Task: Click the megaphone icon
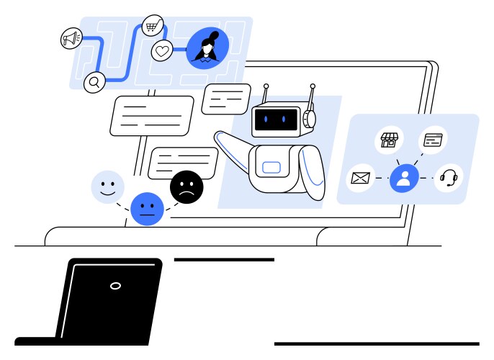(x=71, y=39)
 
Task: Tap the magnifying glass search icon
(x=94, y=82)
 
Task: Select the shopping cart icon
(x=153, y=26)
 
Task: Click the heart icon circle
(x=163, y=51)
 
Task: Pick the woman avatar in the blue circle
(x=207, y=48)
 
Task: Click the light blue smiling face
(x=108, y=187)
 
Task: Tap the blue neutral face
(x=147, y=210)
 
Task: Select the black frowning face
(x=187, y=187)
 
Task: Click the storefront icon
(x=389, y=140)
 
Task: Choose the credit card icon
(x=433, y=139)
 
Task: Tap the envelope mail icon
(x=360, y=177)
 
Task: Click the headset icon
(x=449, y=177)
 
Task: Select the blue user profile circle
(x=404, y=178)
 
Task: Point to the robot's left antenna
(x=266, y=94)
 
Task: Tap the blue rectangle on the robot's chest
(x=271, y=168)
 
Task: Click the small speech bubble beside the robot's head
(x=226, y=99)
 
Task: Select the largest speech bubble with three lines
(x=152, y=115)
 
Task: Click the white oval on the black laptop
(x=115, y=286)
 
